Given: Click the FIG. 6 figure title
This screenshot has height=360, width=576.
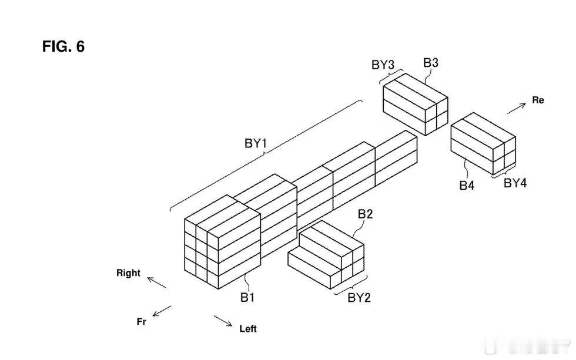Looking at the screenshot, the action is click(63, 46).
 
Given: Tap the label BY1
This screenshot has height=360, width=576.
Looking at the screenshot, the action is click(256, 143).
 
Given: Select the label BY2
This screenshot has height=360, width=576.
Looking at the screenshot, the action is click(359, 298).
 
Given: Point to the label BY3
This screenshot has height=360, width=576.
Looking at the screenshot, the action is click(383, 65).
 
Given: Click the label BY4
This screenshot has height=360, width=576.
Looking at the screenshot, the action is click(515, 183).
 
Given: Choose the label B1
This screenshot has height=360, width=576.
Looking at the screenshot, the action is click(247, 297).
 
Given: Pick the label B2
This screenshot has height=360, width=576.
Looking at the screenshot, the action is click(365, 214).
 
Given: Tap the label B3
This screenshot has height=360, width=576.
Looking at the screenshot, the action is click(430, 63).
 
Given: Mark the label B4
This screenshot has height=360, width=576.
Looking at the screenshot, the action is click(467, 186).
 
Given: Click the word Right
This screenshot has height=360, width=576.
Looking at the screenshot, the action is click(128, 273).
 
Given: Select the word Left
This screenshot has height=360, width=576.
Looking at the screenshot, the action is click(248, 329).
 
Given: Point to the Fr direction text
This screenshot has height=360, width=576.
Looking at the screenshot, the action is click(142, 322).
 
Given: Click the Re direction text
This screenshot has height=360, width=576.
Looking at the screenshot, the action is click(538, 100).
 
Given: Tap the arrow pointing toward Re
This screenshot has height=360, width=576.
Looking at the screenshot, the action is click(517, 109).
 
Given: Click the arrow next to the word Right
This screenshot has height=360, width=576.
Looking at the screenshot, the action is click(157, 282).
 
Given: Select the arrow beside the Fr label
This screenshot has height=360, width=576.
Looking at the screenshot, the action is click(162, 311).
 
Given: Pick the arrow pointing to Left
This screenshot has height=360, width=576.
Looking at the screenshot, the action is click(223, 321).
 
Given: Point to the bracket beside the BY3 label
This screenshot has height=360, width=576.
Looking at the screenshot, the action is click(391, 77).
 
